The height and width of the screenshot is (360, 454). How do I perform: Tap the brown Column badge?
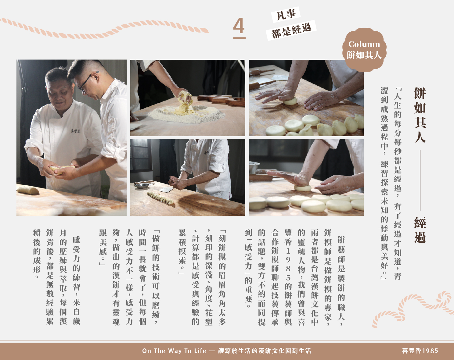pyautogui.click(x=364, y=50)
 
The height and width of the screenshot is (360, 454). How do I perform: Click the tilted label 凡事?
pyautogui.click(x=286, y=14)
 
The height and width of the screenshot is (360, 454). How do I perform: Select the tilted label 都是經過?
pyautogui.click(x=291, y=31)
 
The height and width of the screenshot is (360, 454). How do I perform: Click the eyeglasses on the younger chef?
pyautogui.click(x=87, y=81)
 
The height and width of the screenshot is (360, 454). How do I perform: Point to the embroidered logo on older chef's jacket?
pyautogui.click(x=75, y=131)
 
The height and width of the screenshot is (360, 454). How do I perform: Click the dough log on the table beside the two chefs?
pyautogui.click(x=28, y=190)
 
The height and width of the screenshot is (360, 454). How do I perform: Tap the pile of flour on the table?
pyautogui.click(x=186, y=114)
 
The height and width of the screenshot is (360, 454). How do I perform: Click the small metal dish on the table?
pyautogui.click(x=142, y=185)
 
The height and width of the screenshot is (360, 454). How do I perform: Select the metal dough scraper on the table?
pyautogui.click(x=166, y=190)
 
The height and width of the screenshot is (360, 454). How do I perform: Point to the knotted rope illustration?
pyautogui.click(x=413, y=309)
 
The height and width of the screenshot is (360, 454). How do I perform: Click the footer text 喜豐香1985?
pyautogui.click(x=420, y=351)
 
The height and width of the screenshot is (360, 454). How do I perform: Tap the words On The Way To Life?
pyautogui.click(x=174, y=351)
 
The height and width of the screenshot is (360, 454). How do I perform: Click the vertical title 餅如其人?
pyautogui.click(x=420, y=115)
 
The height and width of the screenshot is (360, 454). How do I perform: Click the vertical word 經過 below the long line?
pyautogui.click(x=420, y=230)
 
